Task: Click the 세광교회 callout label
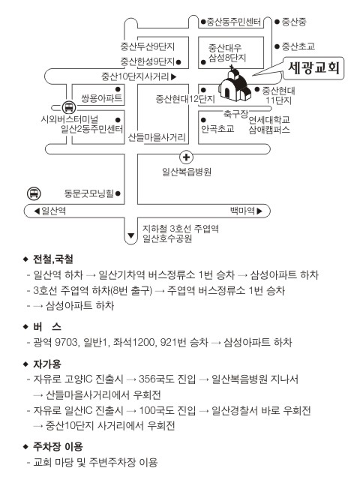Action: click(313, 67)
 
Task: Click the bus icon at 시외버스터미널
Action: click(68, 107)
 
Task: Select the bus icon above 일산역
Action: click(34, 193)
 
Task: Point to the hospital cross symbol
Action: click(186, 157)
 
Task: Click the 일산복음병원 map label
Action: click(187, 172)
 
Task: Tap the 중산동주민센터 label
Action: click(234, 22)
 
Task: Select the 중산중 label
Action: click(294, 22)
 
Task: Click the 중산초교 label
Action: click(298, 46)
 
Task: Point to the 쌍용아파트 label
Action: click(102, 98)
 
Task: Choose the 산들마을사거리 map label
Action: click(157, 137)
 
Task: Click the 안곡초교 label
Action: click(217, 129)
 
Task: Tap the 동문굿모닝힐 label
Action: click(89, 193)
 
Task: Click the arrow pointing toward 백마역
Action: click(259, 211)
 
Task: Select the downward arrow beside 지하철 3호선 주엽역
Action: click(130, 235)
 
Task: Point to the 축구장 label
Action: click(235, 114)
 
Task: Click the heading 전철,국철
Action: click(53, 259)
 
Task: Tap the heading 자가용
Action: click(47, 364)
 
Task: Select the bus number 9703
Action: click(66, 343)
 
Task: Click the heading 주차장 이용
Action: click(58, 447)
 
